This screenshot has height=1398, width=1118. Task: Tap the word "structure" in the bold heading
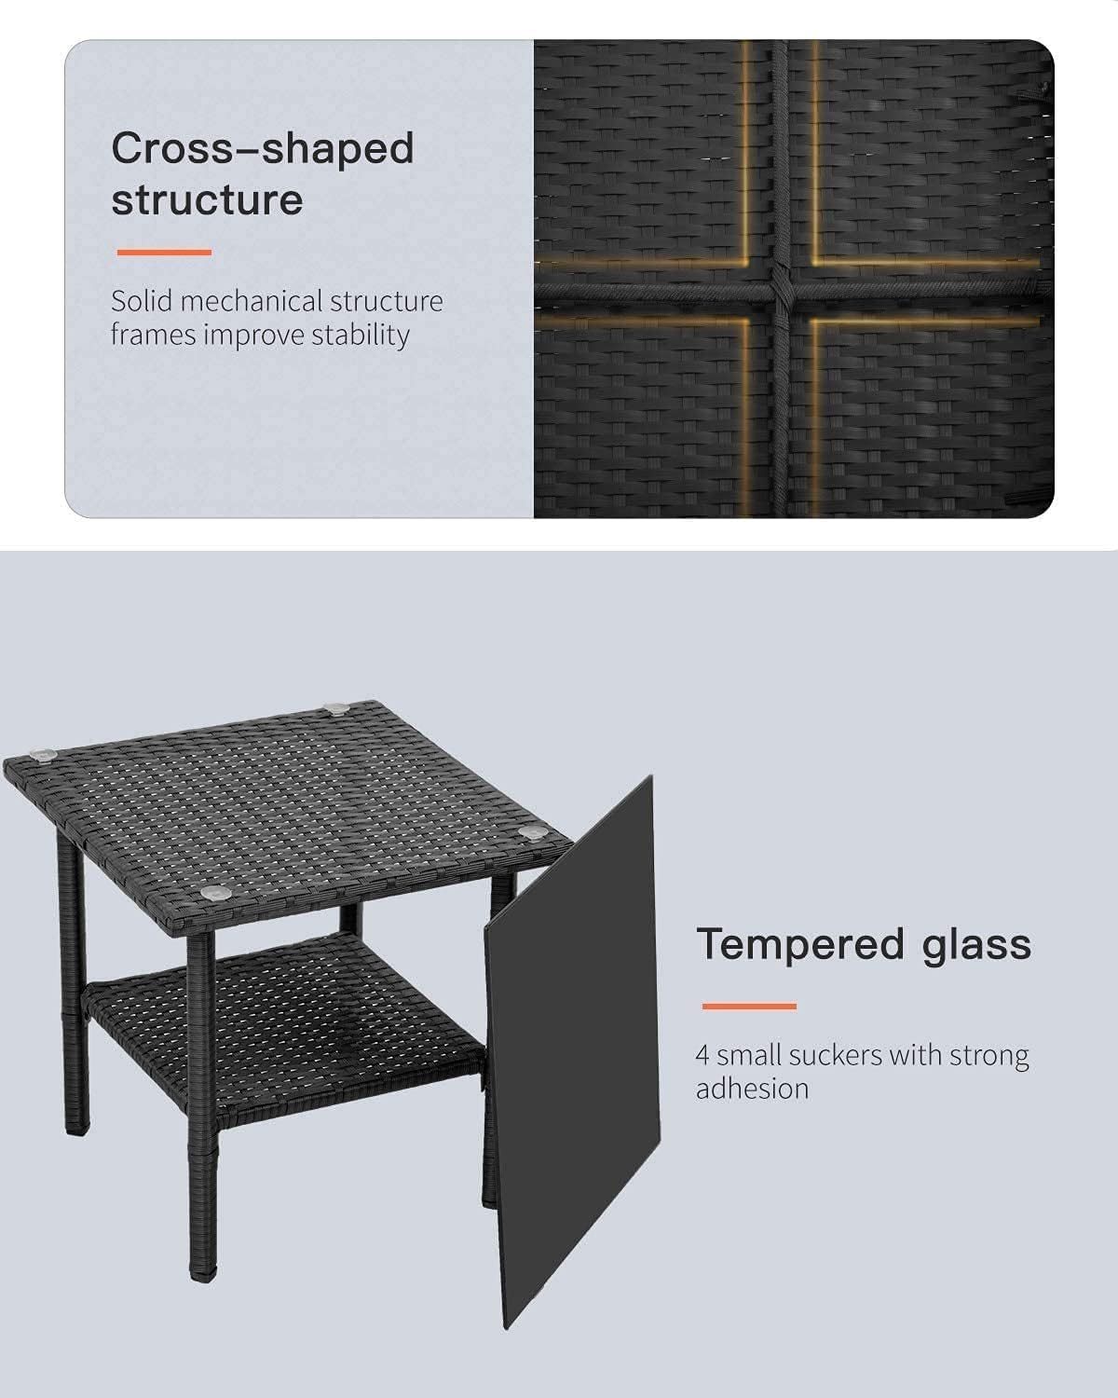click(x=207, y=200)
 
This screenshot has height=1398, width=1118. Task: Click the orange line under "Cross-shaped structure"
click(x=163, y=253)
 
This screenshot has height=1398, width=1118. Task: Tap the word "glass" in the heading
click(x=976, y=944)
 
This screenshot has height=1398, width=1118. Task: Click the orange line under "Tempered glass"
click(x=748, y=1007)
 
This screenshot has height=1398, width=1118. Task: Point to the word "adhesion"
click(x=752, y=1089)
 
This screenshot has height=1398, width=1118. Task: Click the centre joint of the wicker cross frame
click(x=779, y=291)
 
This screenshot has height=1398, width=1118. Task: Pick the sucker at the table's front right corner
click(x=531, y=832)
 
